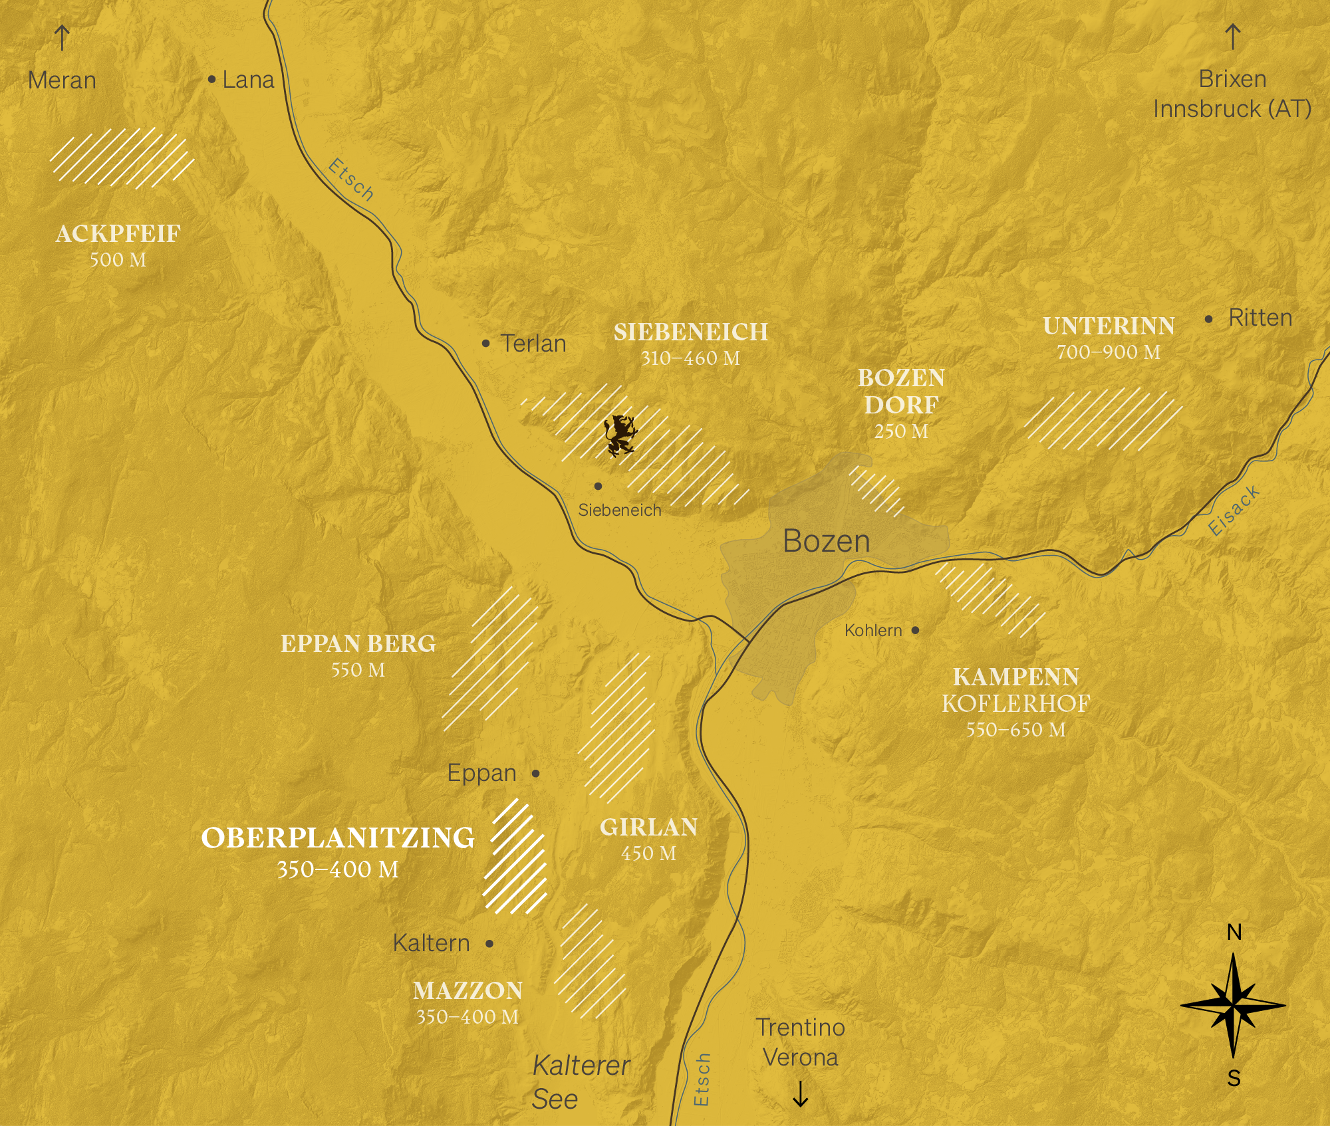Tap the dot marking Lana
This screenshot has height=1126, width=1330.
point(211,80)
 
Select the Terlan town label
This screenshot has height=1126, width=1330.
point(533,344)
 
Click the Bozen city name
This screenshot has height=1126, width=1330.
point(827,541)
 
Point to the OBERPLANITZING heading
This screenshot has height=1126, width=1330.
point(338,838)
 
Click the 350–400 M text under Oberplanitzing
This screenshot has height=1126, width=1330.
point(338,870)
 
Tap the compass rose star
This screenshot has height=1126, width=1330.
point(1233,1006)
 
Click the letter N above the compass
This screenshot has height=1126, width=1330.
point(1234,933)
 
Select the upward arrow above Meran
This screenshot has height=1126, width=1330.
point(62,38)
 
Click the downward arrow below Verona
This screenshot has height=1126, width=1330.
point(801,1094)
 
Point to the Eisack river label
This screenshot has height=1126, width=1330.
point(1234,510)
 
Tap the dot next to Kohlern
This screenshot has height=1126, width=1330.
point(916,630)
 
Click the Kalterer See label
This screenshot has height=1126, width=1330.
point(580,1082)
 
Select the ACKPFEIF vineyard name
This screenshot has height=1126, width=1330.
point(118,234)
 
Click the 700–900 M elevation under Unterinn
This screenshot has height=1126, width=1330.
point(1109,352)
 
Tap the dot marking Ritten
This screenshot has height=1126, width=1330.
point(1208,319)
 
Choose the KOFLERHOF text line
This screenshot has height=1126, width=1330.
point(1015,704)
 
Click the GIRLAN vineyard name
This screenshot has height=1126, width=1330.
point(649,828)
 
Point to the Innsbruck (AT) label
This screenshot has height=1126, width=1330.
point(1232,109)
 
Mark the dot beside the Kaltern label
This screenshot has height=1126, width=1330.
point(489,944)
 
